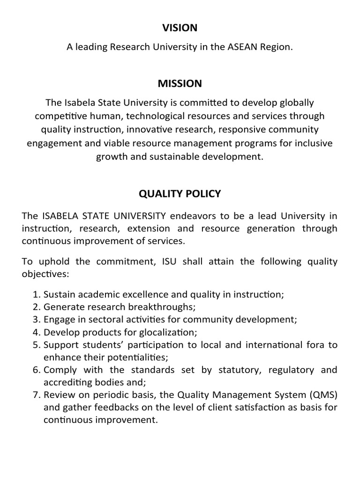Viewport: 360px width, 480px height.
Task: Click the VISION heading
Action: tap(180, 28)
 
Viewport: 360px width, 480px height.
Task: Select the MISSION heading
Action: tap(180, 83)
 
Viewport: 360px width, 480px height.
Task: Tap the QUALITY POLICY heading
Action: tap(180, 194)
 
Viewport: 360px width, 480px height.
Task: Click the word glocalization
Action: tap(165, 333)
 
